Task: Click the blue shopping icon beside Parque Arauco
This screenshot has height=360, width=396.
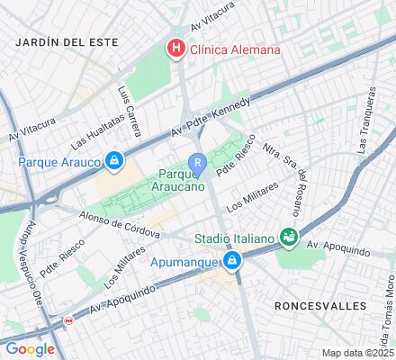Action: [x=114, y=162]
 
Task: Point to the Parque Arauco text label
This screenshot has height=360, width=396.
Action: [x=58, y=162]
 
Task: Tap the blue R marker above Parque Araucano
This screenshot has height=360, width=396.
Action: [x=198, y=162]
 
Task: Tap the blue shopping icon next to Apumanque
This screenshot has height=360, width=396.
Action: [x=232, y=261]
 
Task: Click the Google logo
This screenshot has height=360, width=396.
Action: [x=29, y=348]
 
